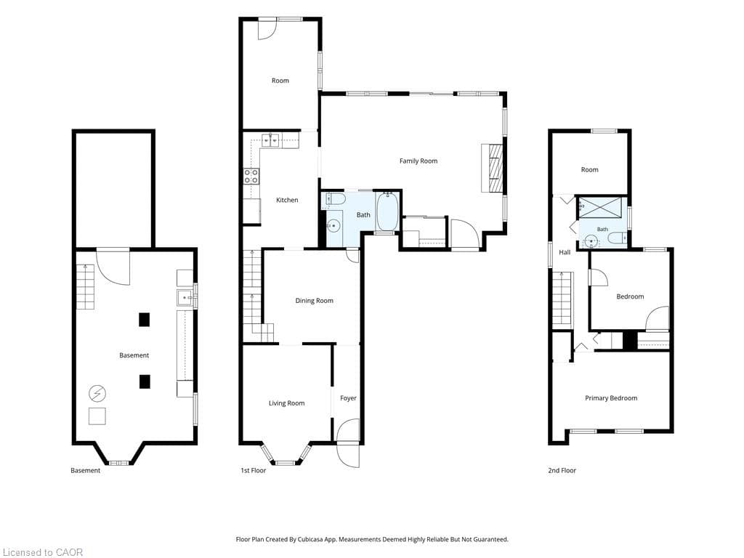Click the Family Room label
coord(418,161)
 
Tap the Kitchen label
coord(287,201)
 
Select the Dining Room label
coord(314,300)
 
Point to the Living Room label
coord(286,403)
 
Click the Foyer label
coord(348,398)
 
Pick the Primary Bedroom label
coord(610,398)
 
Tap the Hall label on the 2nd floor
coord(565,252)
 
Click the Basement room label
coord(134,355)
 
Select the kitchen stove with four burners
coord(251,177)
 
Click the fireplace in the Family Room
coord(492,168)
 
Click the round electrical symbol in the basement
coord(97,393)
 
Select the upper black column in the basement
coord(145,320)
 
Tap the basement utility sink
coord(185,297)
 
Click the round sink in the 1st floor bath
coord(333,225)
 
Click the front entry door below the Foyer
coord(348,455)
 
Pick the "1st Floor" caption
coord(254,471)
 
